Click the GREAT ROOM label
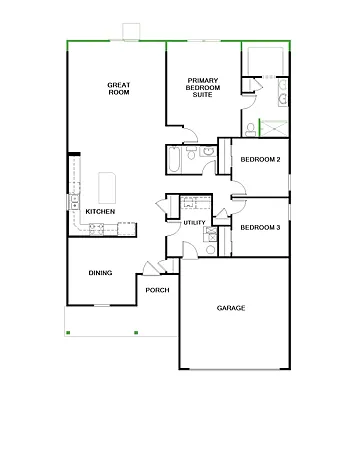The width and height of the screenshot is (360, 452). pyautogui.click(x=121, y=88)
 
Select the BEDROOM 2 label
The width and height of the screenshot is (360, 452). pyautogui.click(x=260, y=160)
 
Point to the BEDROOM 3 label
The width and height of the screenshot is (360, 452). pyautogui.click(x=260, y=227)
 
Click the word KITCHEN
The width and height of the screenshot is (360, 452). pyautogui.click(x=100, y=212)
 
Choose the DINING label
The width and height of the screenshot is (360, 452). pyautogui.click(x=100, y=272)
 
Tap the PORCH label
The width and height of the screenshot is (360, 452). pyautogui.click(x=157, y=290)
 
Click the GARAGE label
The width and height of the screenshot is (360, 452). pyautogui.click(x=231, y=308)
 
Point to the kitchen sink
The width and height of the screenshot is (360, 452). pyautogui.click(x=76, y=200)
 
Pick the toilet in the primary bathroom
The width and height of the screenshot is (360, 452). pyautogui.click(x=249, y=127)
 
